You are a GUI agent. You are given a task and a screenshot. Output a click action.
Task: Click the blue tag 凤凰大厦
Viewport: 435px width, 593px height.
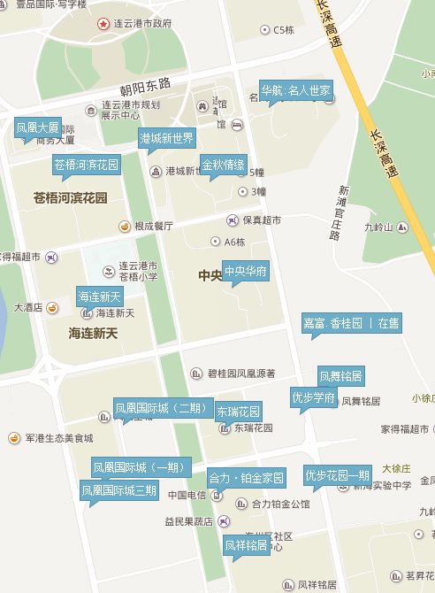pyautogui.click(x=38, y=127)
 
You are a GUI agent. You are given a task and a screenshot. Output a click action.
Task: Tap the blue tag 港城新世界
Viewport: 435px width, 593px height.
pyautogui.click(x=166, y=138)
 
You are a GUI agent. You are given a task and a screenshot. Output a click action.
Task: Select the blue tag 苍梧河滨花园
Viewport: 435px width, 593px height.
pyautogui.click(x=86, y=165)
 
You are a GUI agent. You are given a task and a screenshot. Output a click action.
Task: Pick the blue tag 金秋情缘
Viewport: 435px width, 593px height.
pyautogui.click(x=223, y=165)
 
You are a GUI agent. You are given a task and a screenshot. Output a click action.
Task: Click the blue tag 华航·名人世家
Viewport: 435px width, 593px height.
pyautogui.click(x=296, y=90)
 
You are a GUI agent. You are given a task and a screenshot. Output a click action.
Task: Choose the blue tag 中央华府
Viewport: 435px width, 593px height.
pyautogui.click(x=245, y=271)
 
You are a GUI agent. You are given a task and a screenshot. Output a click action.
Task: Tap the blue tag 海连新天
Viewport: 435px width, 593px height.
pyautogui.click(x=99, y=296)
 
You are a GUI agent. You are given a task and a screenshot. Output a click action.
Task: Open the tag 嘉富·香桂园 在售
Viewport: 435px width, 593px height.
pyautogui.click(x=351, y=323)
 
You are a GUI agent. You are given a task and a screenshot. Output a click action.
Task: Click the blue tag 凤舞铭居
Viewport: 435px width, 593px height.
pyautogui.click(x=340, y=376)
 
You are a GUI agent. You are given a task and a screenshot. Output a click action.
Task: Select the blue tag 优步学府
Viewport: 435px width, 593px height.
pyautogui.click(x=313, y=397)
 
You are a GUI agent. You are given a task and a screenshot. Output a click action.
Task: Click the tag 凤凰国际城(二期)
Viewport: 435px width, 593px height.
pyautogui.click(x=161, y=409)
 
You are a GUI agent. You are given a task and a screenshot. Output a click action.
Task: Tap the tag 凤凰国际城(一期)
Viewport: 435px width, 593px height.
pyautogui.click(x=139, y=466)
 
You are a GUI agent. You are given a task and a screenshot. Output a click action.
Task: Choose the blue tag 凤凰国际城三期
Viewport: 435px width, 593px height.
pyautogui.click(x=119, y=489)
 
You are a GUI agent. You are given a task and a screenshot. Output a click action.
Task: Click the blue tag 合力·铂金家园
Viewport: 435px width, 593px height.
pyautogui.click(x=247, y=478)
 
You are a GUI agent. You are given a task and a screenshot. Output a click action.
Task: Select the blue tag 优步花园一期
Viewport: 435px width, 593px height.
pyautogui.click(x=338, y=475)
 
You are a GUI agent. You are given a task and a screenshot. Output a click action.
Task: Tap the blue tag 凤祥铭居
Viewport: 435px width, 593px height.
pyautogui.click(x=246, y=545)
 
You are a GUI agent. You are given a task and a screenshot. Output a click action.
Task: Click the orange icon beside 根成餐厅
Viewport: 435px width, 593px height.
pyautogui.click(x=125, y=226)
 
